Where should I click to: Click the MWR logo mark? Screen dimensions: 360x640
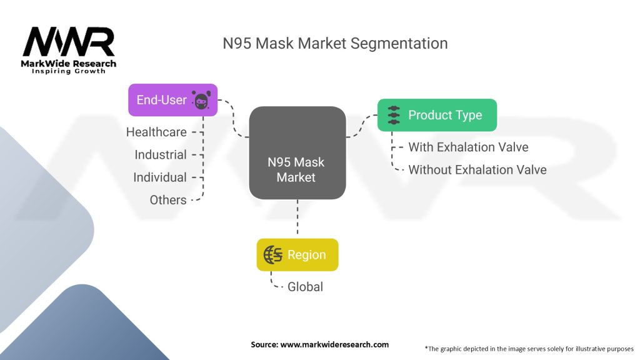click(69, 42)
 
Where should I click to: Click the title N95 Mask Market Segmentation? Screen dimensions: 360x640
click(335, 44)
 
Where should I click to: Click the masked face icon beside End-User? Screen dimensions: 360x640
click(201, 100)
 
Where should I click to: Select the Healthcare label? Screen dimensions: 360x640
click(156, 132)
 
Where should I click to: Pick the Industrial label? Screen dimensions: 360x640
click(161, 155)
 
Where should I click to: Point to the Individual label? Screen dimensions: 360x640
click(160, 177)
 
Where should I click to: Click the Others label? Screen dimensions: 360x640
click(168, 200)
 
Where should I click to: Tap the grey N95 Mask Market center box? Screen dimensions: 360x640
click(297, 153)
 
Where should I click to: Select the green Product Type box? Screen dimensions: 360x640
click(437, 115)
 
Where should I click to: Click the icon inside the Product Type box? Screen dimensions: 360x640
click(393, 115)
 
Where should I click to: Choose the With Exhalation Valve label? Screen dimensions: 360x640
click(468, 147)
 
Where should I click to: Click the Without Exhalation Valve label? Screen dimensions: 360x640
click(477, 170)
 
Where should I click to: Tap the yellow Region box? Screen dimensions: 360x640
click(297, 255)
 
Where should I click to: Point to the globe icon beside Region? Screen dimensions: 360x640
click(272, 255)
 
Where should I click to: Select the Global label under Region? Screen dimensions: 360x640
click(305, 287)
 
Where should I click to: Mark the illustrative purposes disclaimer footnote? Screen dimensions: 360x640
click(529, 348)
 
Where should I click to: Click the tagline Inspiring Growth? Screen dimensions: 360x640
click(69, 71)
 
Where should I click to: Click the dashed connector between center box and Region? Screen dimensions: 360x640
click(297, 219)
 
